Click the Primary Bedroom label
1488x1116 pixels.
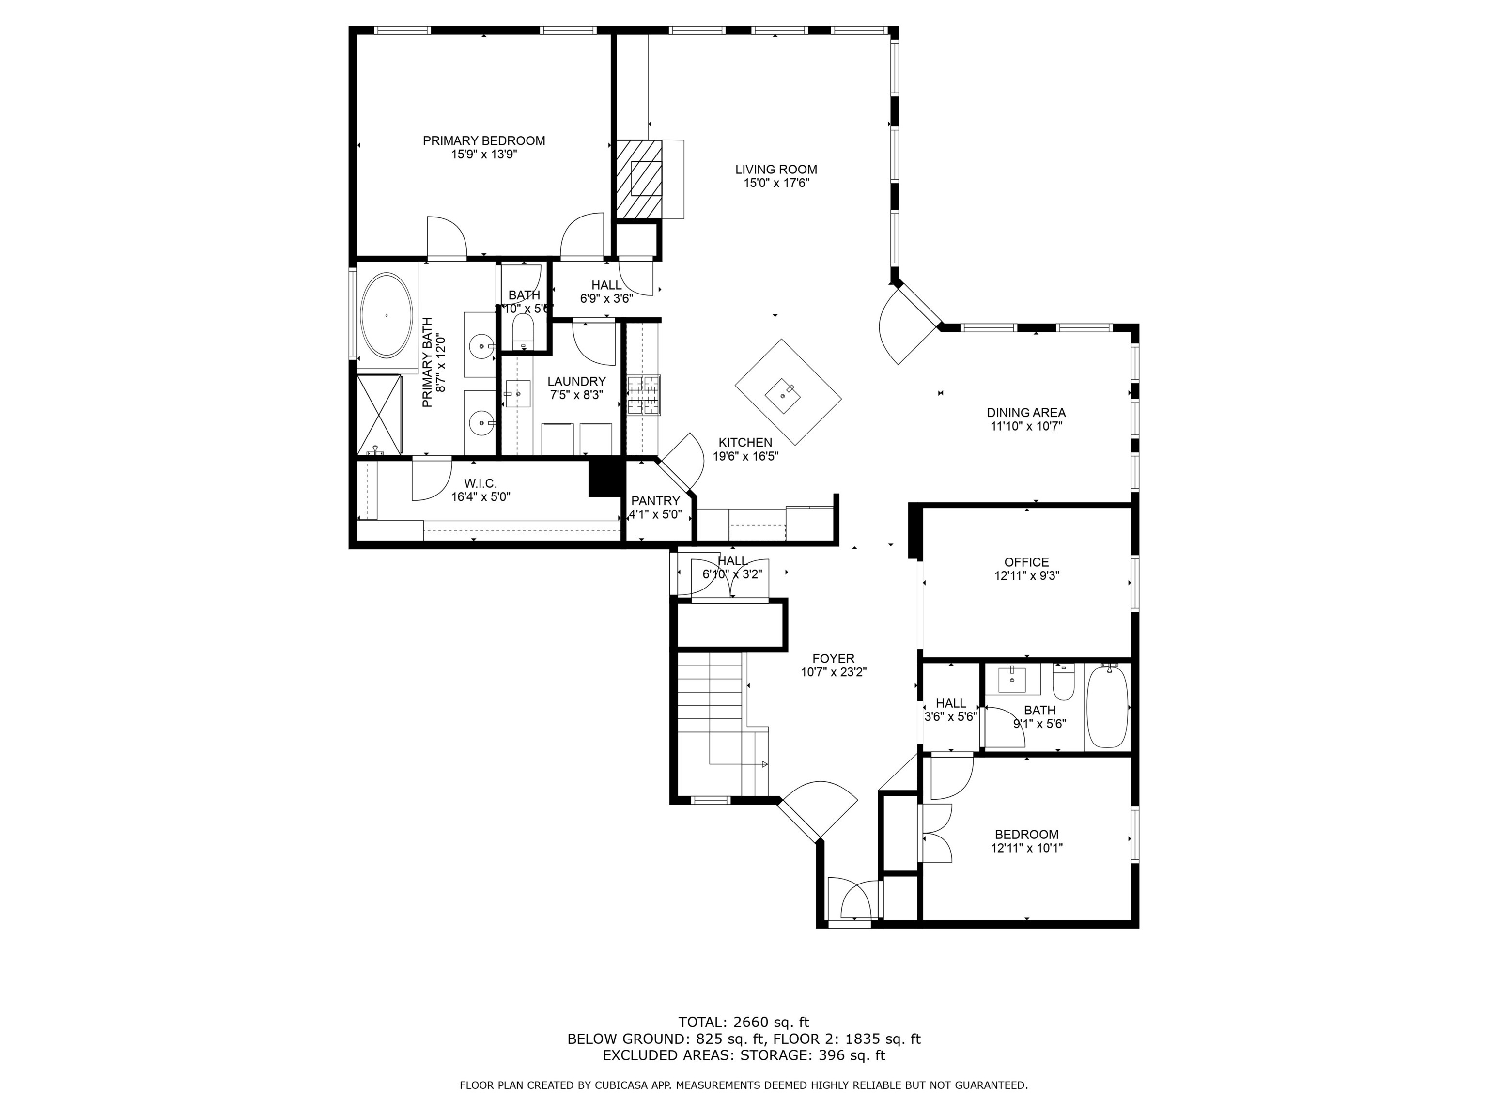[484, 140]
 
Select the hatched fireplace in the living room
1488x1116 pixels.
[638, 178]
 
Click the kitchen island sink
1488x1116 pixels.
[783, 397]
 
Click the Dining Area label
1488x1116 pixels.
[1026, 412]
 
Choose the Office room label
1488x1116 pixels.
[1026, 562]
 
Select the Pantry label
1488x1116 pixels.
[655, 500]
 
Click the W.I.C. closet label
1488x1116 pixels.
[480, 483]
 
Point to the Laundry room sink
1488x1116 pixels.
[517, 393]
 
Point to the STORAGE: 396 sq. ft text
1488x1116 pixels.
[813, 1055]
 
